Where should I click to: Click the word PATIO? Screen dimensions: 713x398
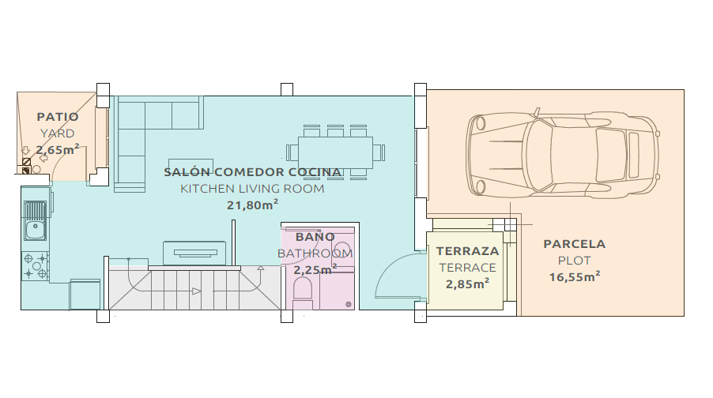(58, 117)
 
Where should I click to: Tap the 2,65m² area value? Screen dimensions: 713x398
(58, 149)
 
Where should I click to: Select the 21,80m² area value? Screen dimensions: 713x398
(252, 205)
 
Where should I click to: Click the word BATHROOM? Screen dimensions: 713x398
(315, 253)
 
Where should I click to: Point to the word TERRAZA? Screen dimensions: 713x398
(467, 251)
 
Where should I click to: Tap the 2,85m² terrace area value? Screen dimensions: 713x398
(467, 284)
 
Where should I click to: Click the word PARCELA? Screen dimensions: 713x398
(575, 244)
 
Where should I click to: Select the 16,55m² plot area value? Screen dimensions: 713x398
(575, 276)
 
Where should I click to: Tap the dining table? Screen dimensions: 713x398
(336, 152)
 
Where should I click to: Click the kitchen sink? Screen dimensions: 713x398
(35, 221)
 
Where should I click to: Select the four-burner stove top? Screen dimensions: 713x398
(35, 266)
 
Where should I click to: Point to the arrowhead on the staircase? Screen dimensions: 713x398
(197, 291)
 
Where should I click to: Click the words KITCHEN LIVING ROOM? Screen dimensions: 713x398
(252, 189)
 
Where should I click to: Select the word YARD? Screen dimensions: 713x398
(58, 133)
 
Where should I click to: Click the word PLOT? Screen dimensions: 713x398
(575, 261)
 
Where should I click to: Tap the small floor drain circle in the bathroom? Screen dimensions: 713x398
(349, 304)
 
